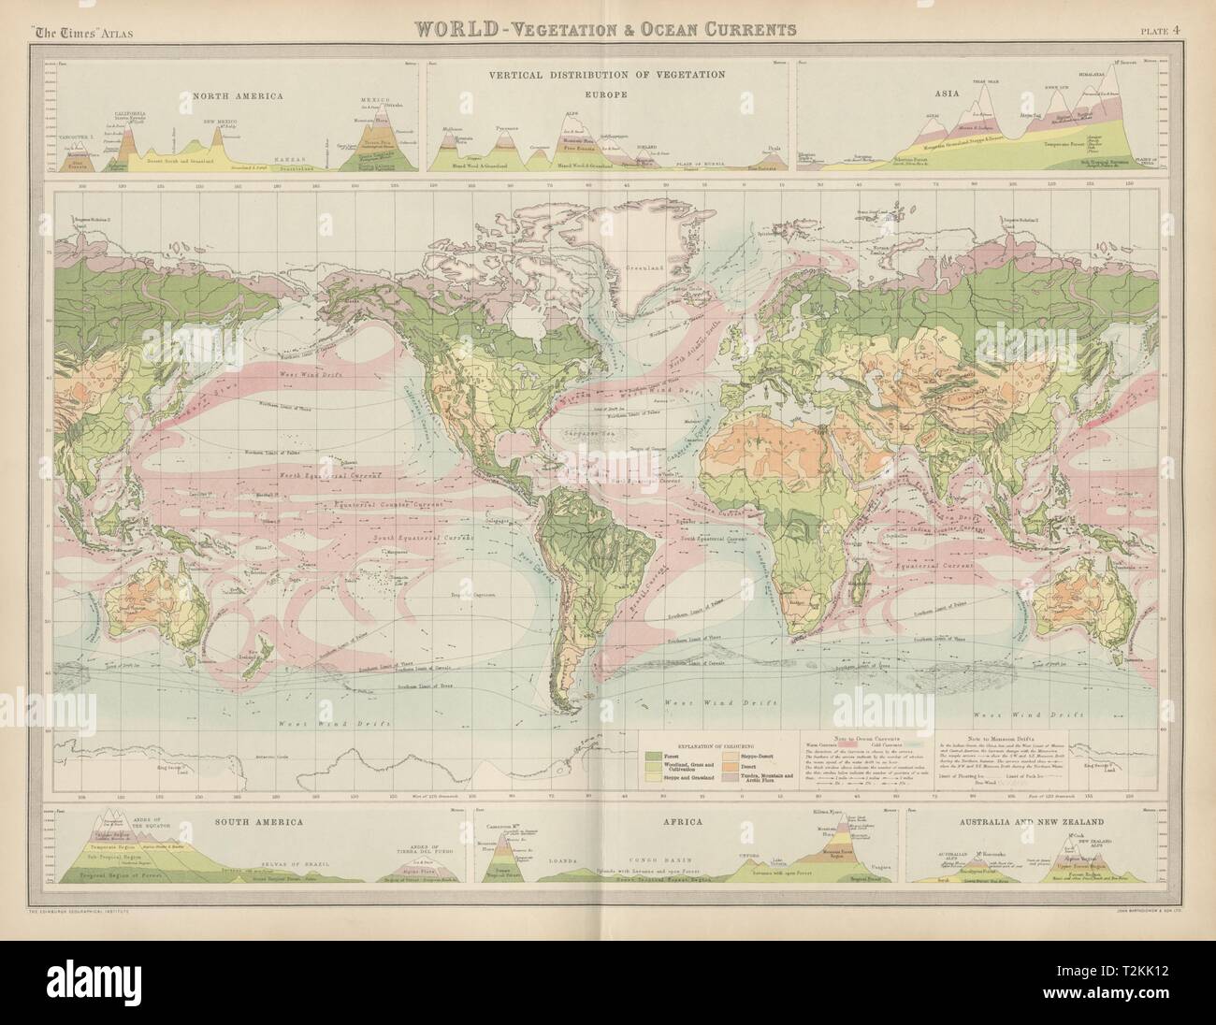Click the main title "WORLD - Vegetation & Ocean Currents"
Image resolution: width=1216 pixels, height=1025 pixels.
[x=596, y=29]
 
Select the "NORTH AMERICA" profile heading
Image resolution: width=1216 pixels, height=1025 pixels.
[x=225, y=94]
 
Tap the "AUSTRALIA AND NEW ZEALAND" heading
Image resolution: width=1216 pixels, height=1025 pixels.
[x=1034, y=820]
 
